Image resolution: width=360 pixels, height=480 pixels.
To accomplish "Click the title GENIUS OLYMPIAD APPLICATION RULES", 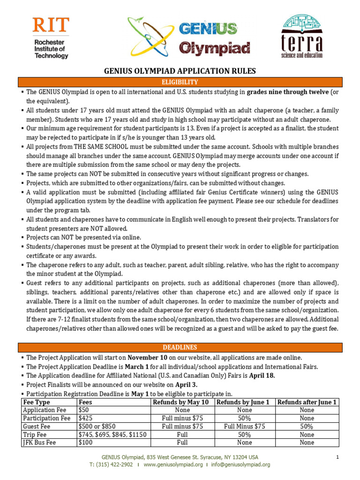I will point(180,71).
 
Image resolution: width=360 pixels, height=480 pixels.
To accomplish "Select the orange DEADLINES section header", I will point(180,347).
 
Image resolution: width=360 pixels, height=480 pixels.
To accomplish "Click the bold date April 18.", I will point(262,375).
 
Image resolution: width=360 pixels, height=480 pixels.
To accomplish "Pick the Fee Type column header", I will point(37,403).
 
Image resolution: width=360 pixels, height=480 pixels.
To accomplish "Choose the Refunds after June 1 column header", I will point(307,403).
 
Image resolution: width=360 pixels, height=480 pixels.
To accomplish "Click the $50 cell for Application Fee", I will point(84,410).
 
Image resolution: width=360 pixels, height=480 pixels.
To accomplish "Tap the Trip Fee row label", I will point(35,435).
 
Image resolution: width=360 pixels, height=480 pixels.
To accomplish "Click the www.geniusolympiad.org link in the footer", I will point(173,465).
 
